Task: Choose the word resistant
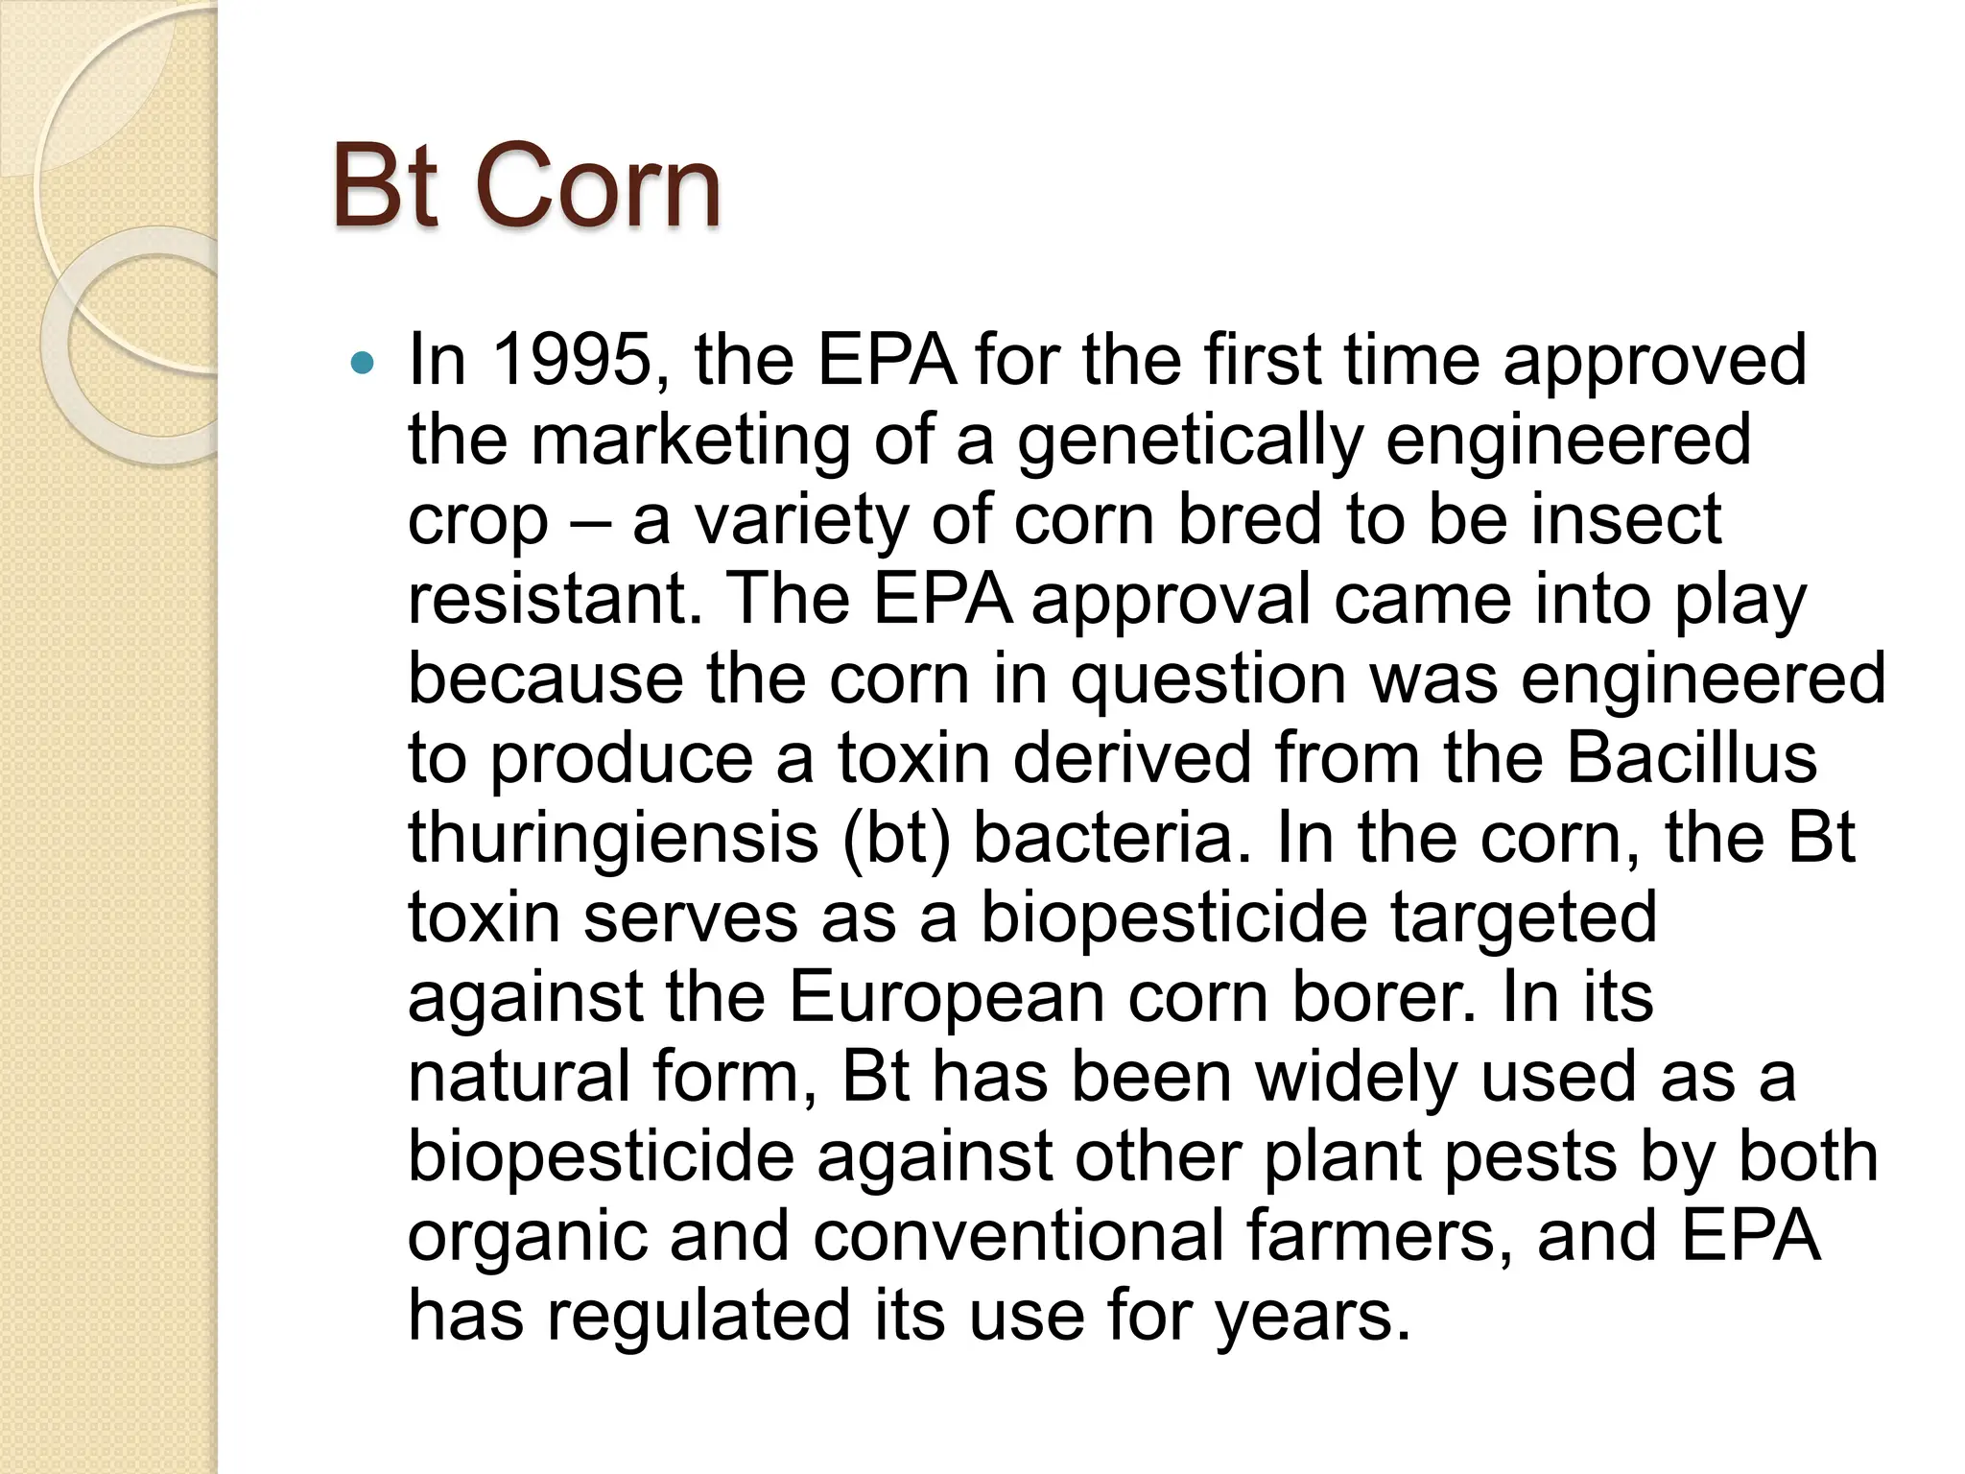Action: click(x=547, y=599)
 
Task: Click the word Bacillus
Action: click(x=1692, y=758)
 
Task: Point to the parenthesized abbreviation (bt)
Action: click(x=897, y=838)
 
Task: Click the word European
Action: click(x=946, y=997)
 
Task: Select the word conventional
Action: click(x=1018, y=1236)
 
